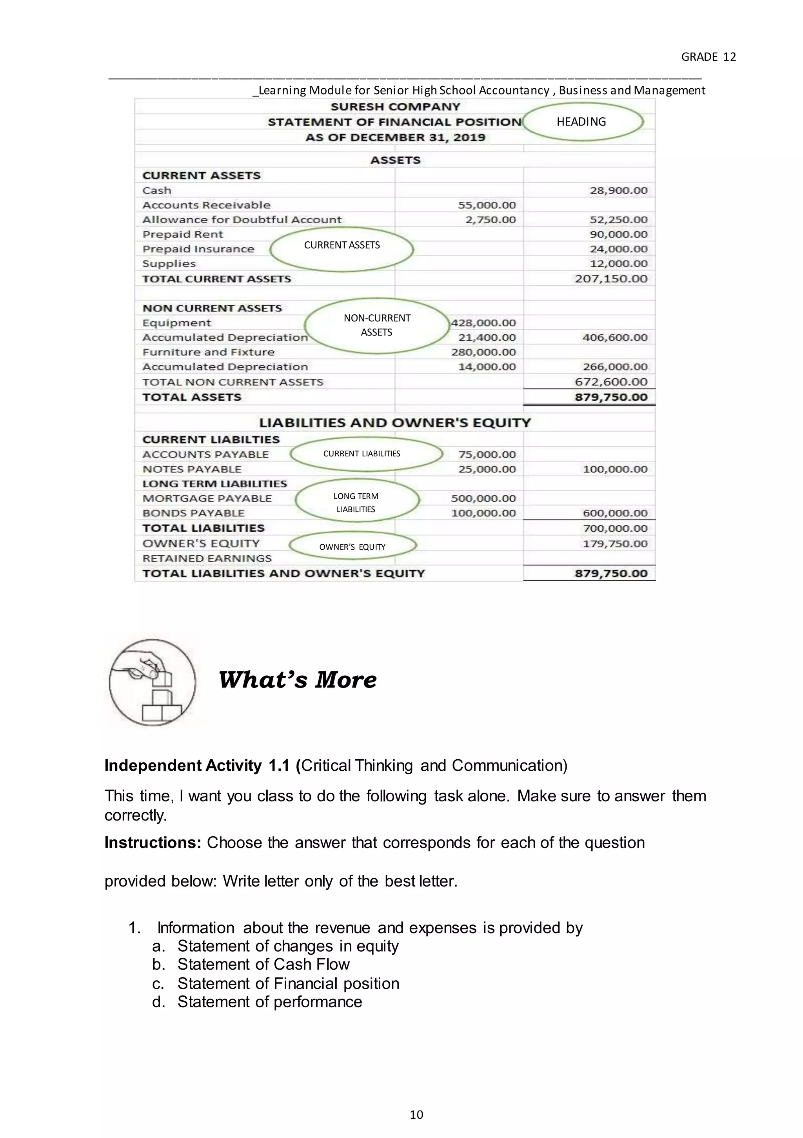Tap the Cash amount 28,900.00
[618, 191]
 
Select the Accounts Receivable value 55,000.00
[487, 205]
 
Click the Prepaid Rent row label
[183, 234]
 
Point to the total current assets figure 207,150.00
[611, 279]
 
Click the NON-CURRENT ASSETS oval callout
[377, 325]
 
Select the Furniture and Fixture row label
[208, 352]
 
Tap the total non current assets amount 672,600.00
[611, 382]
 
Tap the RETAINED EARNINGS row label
[207, 558]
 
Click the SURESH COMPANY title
[395, 107]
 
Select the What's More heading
[297, 680]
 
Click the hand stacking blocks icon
[152, 682]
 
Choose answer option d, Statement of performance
[269, 1002]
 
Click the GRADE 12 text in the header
[709, 57]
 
